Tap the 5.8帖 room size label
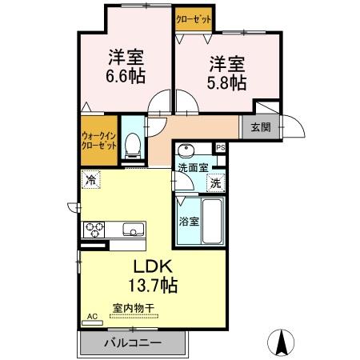228,81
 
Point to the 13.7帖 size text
150,284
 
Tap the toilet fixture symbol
133,145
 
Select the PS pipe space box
222,148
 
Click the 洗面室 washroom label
193,167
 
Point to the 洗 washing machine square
216,182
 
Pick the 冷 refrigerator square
91,181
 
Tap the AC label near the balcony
90,317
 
